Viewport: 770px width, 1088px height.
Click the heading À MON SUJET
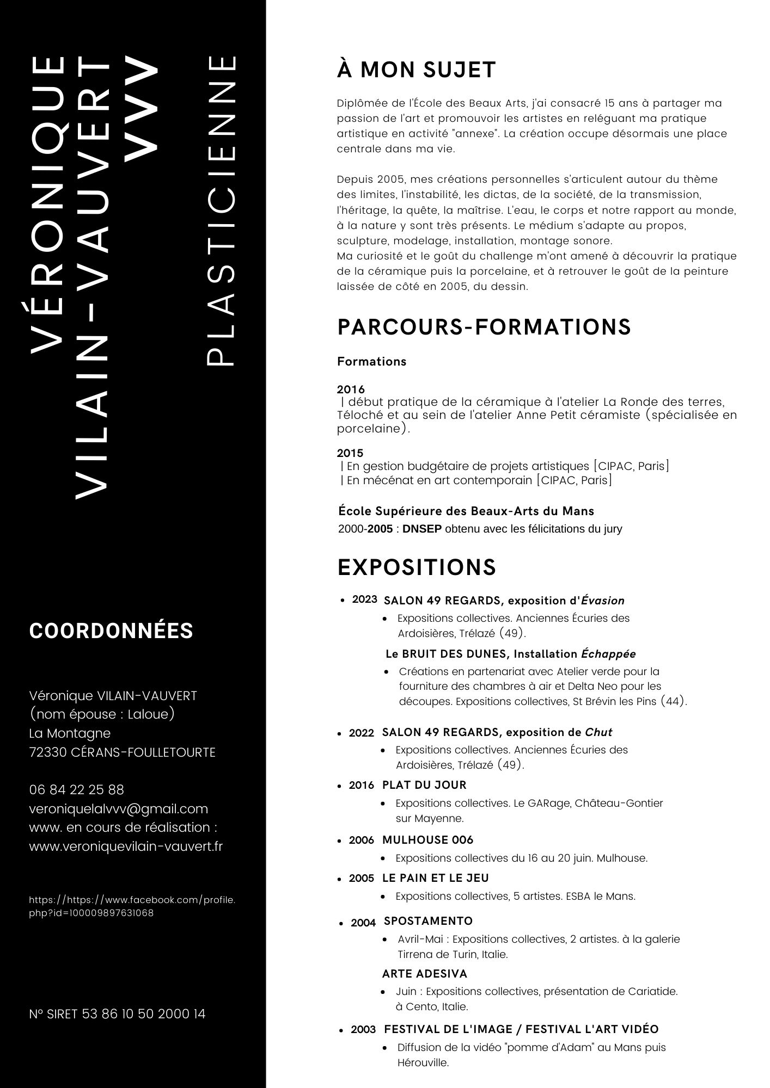pos(417,70)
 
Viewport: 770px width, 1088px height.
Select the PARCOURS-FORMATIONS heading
pos(484,327)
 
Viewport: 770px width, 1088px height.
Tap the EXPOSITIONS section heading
pos(417,567)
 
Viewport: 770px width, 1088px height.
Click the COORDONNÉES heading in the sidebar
pos(111,630)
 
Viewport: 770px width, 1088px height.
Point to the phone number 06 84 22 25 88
pos(77,789)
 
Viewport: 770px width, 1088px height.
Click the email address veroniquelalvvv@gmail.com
pos(119,808)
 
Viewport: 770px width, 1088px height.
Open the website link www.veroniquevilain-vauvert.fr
pos(126,846)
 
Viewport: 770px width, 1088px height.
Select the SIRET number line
pos(118,1014)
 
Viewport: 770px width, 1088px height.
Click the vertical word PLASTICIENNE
pos(222,209)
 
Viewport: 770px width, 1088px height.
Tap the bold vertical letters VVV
pos(140,109)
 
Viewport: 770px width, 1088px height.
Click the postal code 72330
pos(48,752)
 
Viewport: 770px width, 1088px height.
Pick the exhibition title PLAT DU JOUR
pos(424,785)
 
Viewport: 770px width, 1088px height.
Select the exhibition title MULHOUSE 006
pos(427,840)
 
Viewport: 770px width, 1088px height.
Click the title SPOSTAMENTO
pos(428,921)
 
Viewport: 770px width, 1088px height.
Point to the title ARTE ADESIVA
pos(425,974)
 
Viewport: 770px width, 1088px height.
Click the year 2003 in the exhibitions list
pos(363,1030)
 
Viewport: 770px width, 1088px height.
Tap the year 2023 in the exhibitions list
pos(364,599)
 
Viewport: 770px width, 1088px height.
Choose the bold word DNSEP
pos(422,529)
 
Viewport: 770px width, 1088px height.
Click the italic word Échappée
pos(608,654)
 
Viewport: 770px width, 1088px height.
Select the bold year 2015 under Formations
pos(350,453)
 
